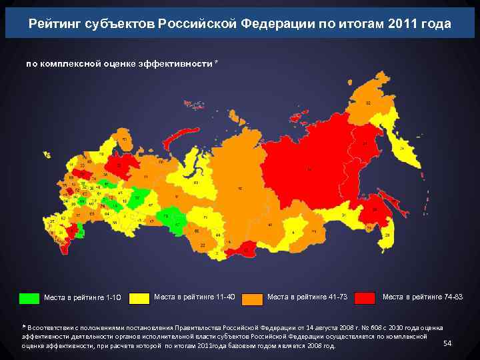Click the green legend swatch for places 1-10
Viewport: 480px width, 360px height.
(x=29, y=298)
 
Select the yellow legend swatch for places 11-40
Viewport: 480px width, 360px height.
(x=139, y=298)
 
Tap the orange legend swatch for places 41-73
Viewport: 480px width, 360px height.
(x=252, y=298)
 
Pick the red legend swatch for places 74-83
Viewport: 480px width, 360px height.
(x=365, y=298)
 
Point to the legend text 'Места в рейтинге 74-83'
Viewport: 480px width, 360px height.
(x=422, y=297)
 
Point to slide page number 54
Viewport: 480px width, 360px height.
(x=447, y=343)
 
